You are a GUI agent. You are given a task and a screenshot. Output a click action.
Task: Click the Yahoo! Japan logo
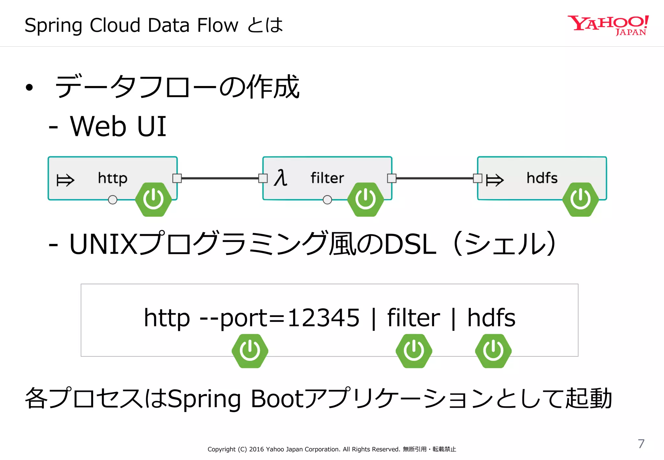608,25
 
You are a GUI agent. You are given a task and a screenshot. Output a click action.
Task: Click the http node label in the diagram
113,178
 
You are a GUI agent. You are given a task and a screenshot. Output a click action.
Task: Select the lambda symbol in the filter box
280,178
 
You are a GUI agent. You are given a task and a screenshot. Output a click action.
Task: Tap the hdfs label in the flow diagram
542,178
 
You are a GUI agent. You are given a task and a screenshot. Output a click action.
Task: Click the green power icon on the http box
153,199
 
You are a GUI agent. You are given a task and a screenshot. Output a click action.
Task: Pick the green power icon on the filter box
365,199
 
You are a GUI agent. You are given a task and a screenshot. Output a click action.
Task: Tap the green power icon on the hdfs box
580,199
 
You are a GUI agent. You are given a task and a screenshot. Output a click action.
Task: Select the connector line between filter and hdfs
434,178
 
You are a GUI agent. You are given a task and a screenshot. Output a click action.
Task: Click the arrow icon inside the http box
65,180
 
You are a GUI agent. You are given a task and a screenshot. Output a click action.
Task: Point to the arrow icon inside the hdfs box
495,180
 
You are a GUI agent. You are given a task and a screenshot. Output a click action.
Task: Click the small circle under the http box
113,200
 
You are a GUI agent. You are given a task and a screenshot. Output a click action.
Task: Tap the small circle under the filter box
327,200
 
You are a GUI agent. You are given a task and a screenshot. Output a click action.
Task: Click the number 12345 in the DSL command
323,318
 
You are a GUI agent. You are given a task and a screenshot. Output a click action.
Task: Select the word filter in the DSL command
413,318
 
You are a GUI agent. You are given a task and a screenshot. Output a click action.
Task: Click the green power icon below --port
250,351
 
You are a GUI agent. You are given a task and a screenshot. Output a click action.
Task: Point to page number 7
641,443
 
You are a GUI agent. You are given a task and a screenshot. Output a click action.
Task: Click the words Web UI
118,126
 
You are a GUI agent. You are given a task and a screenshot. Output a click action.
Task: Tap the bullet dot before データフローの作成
30,87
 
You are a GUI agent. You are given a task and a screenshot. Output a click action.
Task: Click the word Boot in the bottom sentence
277,398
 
